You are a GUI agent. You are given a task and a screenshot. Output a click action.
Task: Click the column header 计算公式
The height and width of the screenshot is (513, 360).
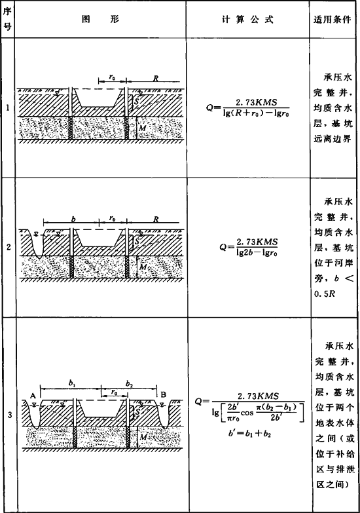point(247,20)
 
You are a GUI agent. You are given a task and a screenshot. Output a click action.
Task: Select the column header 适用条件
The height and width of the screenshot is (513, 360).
point(333,20)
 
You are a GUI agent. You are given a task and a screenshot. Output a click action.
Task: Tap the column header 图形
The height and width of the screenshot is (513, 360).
point(100,19)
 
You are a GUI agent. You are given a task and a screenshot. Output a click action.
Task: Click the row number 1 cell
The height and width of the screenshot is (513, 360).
point(7,107)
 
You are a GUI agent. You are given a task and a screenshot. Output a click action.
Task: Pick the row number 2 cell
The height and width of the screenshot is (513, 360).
point(8,248)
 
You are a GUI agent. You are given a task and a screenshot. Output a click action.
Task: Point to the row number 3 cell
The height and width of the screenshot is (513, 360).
point(9,415)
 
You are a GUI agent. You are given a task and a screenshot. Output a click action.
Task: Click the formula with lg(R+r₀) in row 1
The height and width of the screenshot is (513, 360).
point(248,108)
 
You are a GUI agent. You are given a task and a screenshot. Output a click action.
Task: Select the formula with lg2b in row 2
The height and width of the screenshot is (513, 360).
point(249,248)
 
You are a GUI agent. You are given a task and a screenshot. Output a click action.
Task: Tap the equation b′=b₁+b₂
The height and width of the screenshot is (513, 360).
point(250,434)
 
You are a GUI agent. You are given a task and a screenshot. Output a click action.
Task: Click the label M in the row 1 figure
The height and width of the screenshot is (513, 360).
point(143,128)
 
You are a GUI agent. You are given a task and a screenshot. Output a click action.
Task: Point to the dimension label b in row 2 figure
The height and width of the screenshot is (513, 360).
point(73,219)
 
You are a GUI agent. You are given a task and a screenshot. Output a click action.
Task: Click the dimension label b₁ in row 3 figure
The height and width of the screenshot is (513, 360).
point(72,383)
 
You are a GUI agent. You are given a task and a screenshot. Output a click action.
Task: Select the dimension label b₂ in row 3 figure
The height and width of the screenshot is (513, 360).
point(130,383)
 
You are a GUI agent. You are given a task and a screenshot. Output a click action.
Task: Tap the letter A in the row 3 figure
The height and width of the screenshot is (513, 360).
point(33,396)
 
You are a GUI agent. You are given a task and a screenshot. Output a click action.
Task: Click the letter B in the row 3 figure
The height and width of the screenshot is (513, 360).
point(164,394)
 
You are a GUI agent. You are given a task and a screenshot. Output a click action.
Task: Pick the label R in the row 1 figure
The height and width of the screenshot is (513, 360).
point(156,79)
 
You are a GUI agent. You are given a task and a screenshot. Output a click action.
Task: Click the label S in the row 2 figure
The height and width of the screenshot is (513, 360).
point(137,242)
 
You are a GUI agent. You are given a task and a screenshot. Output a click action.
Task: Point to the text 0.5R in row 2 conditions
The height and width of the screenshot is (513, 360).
point(325,294)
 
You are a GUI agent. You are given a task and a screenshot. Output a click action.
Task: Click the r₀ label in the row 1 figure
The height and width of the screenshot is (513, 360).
point(112,77)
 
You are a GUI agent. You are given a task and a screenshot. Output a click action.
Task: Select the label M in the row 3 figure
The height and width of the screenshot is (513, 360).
point(143,437)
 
